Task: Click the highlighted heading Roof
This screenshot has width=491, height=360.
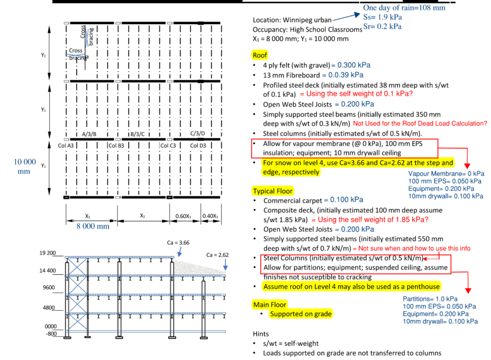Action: pos(260,55)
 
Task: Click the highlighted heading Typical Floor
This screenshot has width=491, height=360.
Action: pos(273,191)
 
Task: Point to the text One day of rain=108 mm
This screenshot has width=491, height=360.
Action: pos(404,7)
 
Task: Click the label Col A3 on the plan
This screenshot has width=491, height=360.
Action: pos(66,145)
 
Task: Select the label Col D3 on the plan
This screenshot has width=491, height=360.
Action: pos(198,145)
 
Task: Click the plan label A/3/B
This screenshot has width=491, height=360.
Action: pos(89,134)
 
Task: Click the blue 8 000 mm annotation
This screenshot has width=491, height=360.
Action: pos(93,226)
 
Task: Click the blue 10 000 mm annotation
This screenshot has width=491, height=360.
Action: pos(25,166)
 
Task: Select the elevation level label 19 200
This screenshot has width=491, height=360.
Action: pos(48,253)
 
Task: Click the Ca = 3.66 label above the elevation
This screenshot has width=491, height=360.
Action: pos(179,243)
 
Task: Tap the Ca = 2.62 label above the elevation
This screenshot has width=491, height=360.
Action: pos(217,255)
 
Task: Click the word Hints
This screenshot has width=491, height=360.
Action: pos(261,334)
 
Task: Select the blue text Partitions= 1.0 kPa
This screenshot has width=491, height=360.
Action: pos(430,299)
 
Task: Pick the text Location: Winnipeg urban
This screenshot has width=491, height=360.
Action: pos(292,20)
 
